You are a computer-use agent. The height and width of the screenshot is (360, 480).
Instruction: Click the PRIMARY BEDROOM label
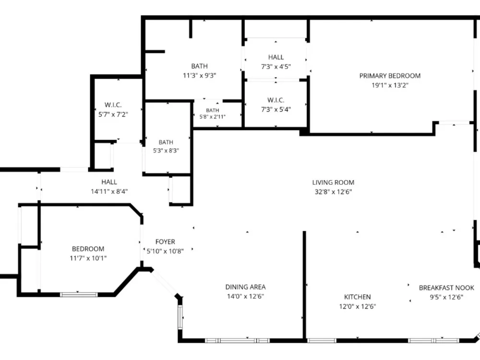(x=390, y=76)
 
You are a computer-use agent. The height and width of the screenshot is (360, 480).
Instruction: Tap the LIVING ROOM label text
(x=333, y=182)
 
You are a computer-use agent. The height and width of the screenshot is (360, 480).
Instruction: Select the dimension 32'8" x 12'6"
(x=333, y=192)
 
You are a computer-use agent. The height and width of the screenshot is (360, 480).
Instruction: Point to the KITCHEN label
(x=357, y=297)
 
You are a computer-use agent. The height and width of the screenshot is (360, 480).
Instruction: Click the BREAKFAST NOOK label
(x=446, y=288)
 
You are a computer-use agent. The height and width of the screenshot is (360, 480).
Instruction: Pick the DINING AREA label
(x=245, y=287)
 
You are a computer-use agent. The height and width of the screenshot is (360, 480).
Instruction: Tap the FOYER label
(x=165, y=242)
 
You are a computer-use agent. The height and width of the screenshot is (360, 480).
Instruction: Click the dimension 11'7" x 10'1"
(x=88, y=258)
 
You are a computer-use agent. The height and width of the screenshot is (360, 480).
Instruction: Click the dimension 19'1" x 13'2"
(x=390, y=85)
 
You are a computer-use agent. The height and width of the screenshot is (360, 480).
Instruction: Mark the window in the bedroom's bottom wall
(x=79, y=295)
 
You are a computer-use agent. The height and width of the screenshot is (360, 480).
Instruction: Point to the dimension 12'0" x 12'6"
(x=357, y=306)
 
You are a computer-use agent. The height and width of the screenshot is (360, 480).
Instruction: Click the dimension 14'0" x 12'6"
(x=245, y=296)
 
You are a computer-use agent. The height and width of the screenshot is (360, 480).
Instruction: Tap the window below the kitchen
(x=322, y=340)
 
